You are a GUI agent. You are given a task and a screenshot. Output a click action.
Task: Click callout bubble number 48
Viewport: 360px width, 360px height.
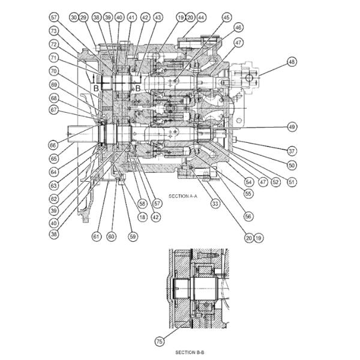pyautogui.click(x=292, y=61)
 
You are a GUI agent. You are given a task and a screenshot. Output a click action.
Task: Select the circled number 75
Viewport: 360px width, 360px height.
pyautogui.click(x=159, y=341)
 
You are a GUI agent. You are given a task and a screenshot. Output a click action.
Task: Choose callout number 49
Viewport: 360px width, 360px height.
pyautogui.click(x=292, y=127)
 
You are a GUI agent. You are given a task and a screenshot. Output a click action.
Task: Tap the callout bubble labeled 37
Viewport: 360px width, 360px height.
pyautogui.click(x=292, y=151)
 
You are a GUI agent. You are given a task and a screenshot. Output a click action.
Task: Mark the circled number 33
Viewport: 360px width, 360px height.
pyautogui.click(x=214, y=203)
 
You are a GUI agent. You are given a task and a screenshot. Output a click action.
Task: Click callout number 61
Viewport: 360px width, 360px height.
pyautogui.click(x=97, y=236)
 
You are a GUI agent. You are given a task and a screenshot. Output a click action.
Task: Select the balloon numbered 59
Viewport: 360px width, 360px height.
pyautogui.click(x=133, y=236)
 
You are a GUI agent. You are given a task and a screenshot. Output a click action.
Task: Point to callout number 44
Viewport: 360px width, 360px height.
pyautogui.click(x=201, y=17)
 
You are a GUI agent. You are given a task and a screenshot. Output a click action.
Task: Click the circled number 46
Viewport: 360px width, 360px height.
pyautogui.click(x=238, y=28)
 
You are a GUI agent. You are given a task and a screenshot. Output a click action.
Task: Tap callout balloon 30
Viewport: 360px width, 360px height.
pyautogui.click(x=73, y=17)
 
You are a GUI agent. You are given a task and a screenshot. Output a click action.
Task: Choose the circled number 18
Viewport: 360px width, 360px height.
pyautogui.click(x=142, y=217)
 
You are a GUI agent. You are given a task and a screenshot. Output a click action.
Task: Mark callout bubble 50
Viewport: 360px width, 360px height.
pyautogui.click(x=292, y=164)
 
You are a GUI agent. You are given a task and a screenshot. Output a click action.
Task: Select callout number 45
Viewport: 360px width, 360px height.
pyautogui.click(x=226, y=17)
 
